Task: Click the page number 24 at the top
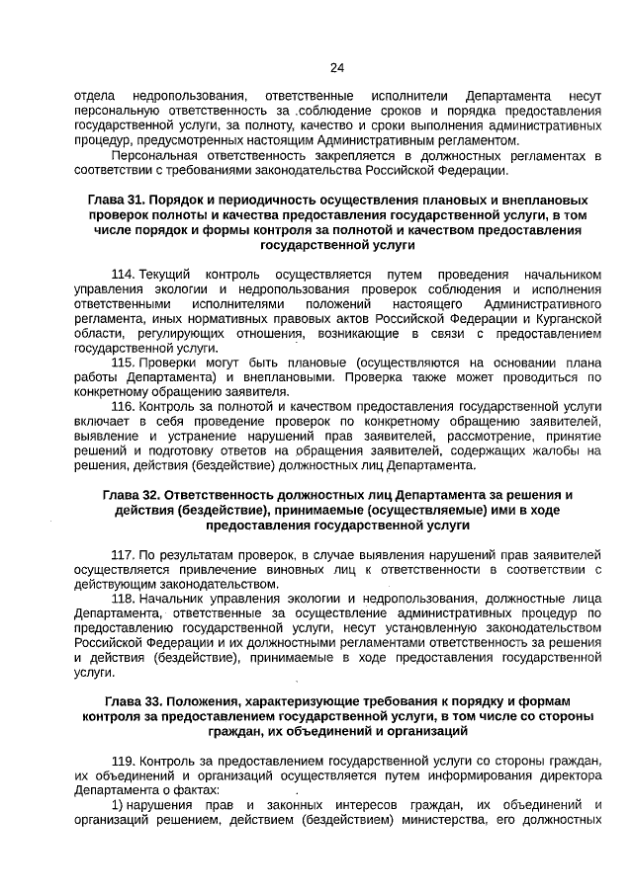tap(336, 68)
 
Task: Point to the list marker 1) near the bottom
tap(118, 805)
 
